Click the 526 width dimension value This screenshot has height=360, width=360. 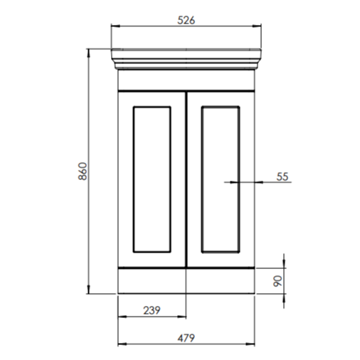186,20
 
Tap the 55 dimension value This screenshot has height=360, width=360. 282,176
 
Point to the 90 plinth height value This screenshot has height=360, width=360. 277,280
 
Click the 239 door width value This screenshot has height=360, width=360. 151,309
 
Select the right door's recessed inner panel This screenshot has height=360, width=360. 221,180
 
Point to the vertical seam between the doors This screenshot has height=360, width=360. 186,178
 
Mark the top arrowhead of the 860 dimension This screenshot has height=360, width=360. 88,53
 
